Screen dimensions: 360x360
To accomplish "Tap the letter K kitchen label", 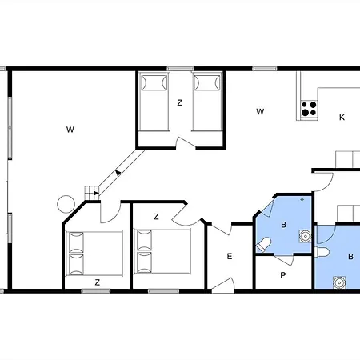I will point(342,118).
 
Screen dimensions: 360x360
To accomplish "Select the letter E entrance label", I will point(229,256).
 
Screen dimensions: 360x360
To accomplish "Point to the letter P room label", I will point(282,274).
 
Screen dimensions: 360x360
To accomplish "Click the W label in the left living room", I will point(70,129).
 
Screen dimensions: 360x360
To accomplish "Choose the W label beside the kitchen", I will point(260,112).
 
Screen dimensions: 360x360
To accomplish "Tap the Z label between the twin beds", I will point(180,102).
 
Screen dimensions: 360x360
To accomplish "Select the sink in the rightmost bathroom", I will point(340,282).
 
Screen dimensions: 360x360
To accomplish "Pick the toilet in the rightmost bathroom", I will point(322,252).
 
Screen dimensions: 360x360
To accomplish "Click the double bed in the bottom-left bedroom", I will point(94,252).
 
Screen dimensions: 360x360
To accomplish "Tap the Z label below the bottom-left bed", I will point(97,282).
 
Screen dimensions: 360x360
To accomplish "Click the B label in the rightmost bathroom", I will point(350,257).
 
